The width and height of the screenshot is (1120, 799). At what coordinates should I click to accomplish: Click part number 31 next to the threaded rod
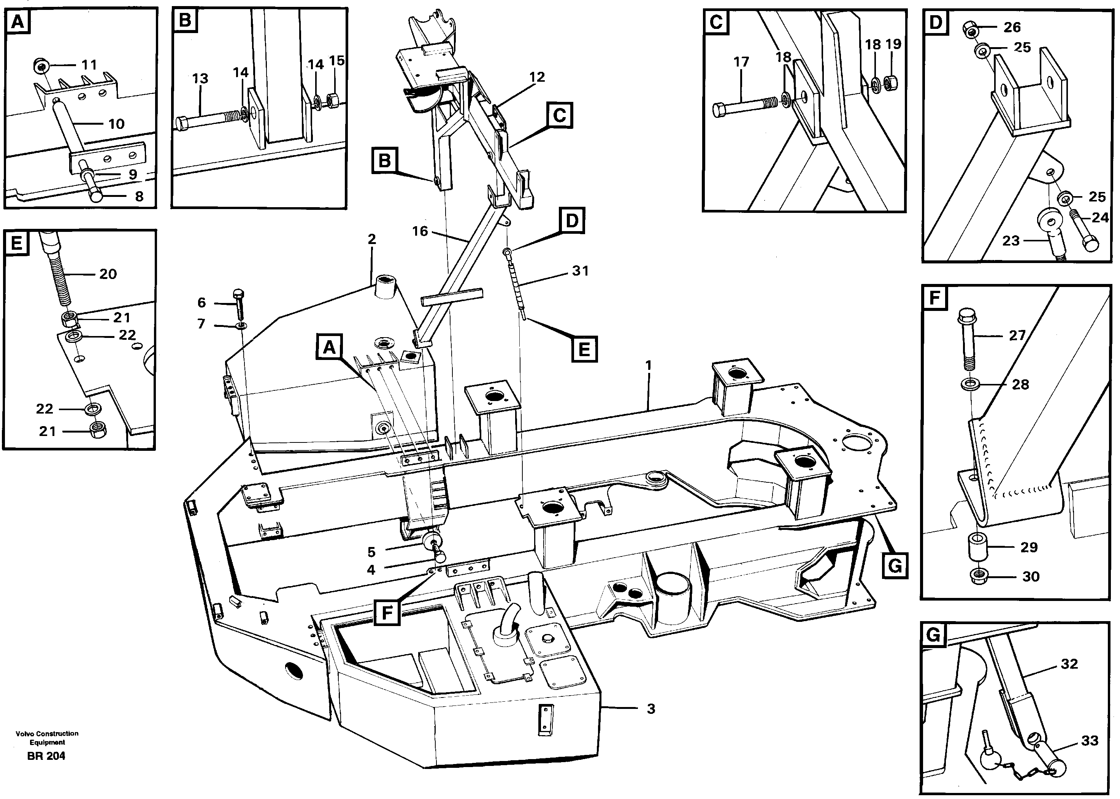[x=580, y=271]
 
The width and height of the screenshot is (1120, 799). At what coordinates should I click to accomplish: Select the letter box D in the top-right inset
[x=935, y=23]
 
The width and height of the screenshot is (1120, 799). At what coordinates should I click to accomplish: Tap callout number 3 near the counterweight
[x=650, y=709]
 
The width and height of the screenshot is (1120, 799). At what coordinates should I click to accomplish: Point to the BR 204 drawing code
[x=46, y=756]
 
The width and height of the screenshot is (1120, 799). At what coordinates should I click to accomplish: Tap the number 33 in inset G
[x=1090, y=740]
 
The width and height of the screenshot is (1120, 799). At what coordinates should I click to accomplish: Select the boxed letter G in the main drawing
[x=894, y=566]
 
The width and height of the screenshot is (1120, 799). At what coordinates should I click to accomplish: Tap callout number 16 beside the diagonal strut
[x=420, y=231]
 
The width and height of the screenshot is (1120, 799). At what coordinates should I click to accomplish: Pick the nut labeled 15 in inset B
[x=333, y=100]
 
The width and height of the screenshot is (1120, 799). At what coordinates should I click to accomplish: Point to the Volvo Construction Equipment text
[x=47, y=737]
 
